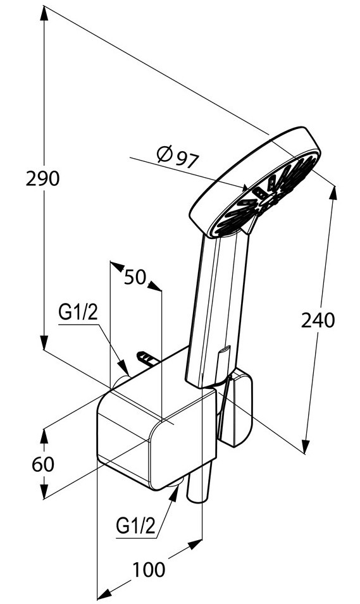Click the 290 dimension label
tap(43, 179)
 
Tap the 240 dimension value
tap(318, 320)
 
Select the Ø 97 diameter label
tap(178, 156)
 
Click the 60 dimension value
tap(43, 464)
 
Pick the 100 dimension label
tap(149, 569)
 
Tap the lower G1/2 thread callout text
tap(135, 525)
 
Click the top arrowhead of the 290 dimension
tap(44, 13)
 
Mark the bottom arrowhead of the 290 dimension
tap(44, 342)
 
